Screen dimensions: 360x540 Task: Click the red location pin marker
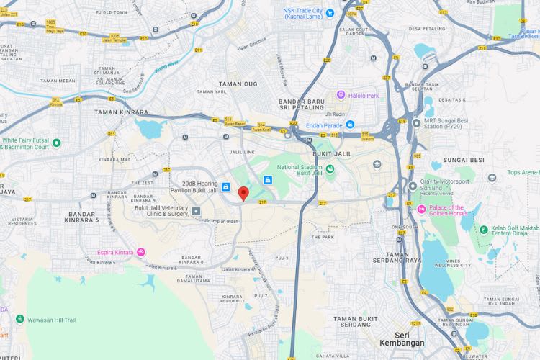click(x=243, y=193)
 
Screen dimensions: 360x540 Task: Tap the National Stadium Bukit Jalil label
click(x=297, y=170)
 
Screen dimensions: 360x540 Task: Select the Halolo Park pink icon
click(x=341, y=96)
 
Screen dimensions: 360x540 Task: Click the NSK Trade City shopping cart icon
click(x=330, y=12)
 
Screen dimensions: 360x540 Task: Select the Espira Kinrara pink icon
click(x=141, y=252)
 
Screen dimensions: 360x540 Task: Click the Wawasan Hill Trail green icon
click(x=20, y=319)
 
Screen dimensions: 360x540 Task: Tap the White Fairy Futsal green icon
click(x=56, y=143)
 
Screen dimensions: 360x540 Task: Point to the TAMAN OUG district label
click(x=237, y=84)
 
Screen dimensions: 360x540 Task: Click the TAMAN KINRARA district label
click(x=121, y=112)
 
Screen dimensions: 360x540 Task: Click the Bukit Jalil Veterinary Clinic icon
click(x=196, y=211)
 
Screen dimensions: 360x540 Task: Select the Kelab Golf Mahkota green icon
click(x=484, y=230)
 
